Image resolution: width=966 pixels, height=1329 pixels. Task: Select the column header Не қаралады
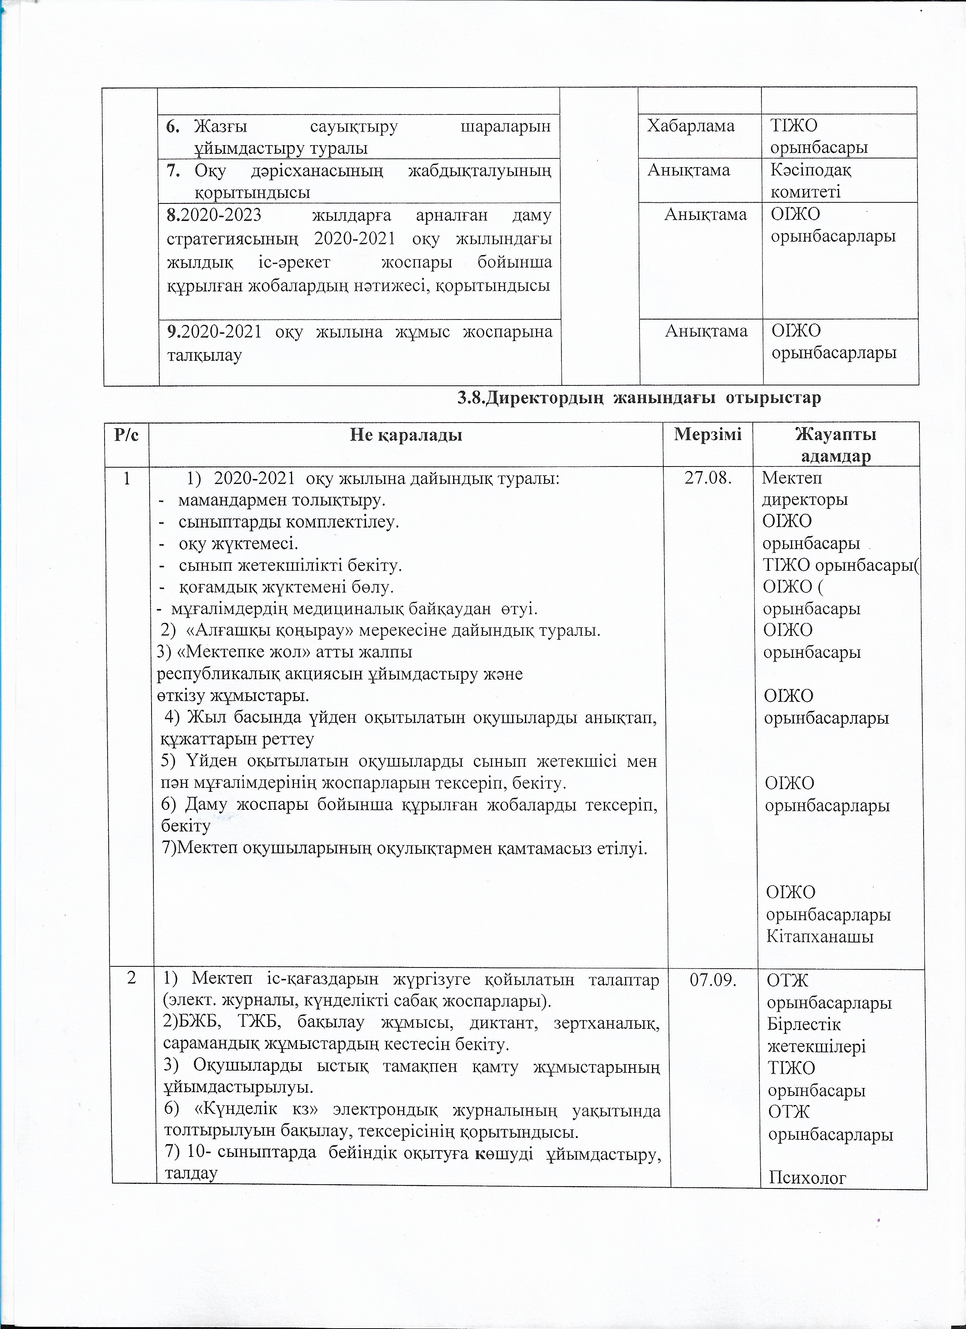tap(406, 435)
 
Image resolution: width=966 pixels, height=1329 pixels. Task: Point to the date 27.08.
tap(707, 479)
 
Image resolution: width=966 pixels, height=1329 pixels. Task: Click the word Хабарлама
tap(690, 126)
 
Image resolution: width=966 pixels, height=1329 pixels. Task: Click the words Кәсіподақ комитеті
tap(811, 180)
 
